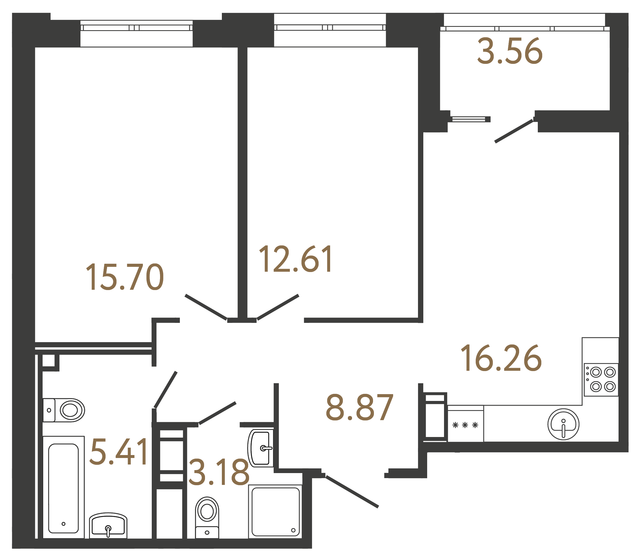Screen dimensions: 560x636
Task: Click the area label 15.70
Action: pyautogui.click(x=125, y=277)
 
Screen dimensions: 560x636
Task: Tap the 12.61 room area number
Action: pyautogui.click(x=295, y=259)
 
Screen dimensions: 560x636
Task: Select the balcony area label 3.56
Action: pyautogui.click(x=510, y=51)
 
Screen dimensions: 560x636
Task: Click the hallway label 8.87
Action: pyautogui.click(x=359, y=408)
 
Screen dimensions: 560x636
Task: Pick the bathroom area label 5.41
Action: pyautogui.click(x=119, y=452)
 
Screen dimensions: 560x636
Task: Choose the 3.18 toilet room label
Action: pyautogui.click(x=219, y=472)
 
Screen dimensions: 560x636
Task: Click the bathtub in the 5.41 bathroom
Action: pyautogui.click(x=64, y=488)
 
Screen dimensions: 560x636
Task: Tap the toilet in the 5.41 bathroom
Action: pyautogui.click(x=64, y=410)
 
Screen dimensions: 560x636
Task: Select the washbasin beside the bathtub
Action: pyautogui.click(x=108, y=526)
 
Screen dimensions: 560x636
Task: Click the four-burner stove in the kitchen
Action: pyautogui.click(x=601, y=379)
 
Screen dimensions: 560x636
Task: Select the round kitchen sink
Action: pyautogui.click(x=563, y=424)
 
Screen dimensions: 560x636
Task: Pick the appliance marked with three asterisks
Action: pyautogui.click(x=465, y=425)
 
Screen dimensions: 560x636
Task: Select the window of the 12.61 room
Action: pyautogui.click(x=330, y=28)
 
